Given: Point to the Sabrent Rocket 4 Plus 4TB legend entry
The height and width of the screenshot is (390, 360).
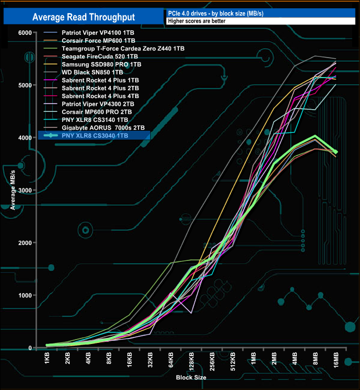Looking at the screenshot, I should [x=101, y=96].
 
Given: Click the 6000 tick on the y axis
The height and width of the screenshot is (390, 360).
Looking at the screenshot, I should [x=24, y=33].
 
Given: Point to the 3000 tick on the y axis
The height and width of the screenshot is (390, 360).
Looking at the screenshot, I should [x=24, y=190].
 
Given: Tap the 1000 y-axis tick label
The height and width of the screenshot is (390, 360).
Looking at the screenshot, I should [x=24, y=295].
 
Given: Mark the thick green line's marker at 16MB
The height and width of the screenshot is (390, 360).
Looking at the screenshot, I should [x=335, y=152].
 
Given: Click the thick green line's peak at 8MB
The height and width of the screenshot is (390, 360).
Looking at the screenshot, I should [x=315, y=136].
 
